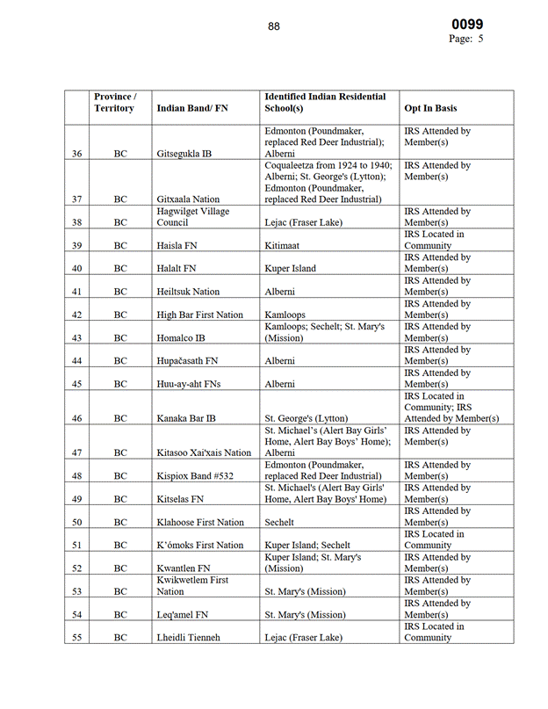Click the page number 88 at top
(274, 26)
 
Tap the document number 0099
(467, 25)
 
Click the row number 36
(77, 154)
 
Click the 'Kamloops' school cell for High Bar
(286, 315)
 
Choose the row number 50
(77, 523)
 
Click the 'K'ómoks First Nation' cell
(199, 546)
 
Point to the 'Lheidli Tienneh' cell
(188, 638)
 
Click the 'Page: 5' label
(466, 40)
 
